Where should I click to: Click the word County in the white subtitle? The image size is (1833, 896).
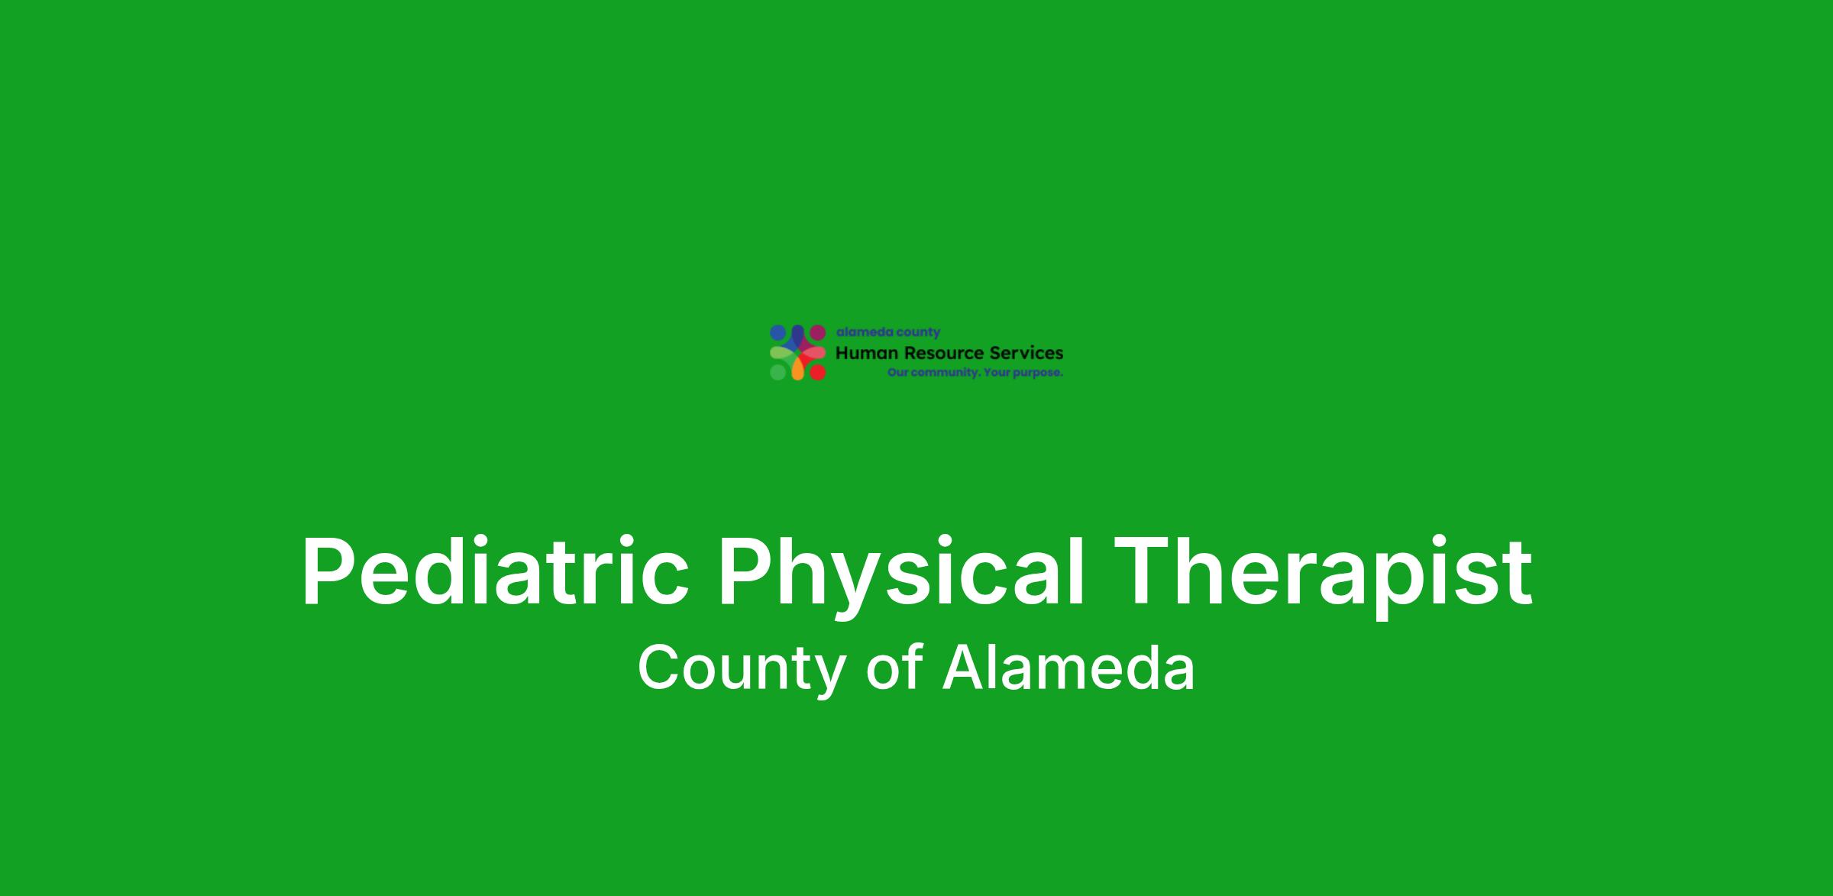tap(740, 669)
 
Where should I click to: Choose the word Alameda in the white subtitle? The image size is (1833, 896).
tap(1068, 666)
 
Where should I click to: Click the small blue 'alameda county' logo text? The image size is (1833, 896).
tap(888, 332)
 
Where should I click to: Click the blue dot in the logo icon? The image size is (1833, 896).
tap(777, 332)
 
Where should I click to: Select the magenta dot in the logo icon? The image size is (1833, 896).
tap(818, 332)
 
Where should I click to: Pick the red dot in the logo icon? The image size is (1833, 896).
tap(818, 373)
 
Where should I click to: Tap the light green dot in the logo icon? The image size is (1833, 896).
tap(777, 373)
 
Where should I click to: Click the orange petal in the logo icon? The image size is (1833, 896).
tap(797, 369)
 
